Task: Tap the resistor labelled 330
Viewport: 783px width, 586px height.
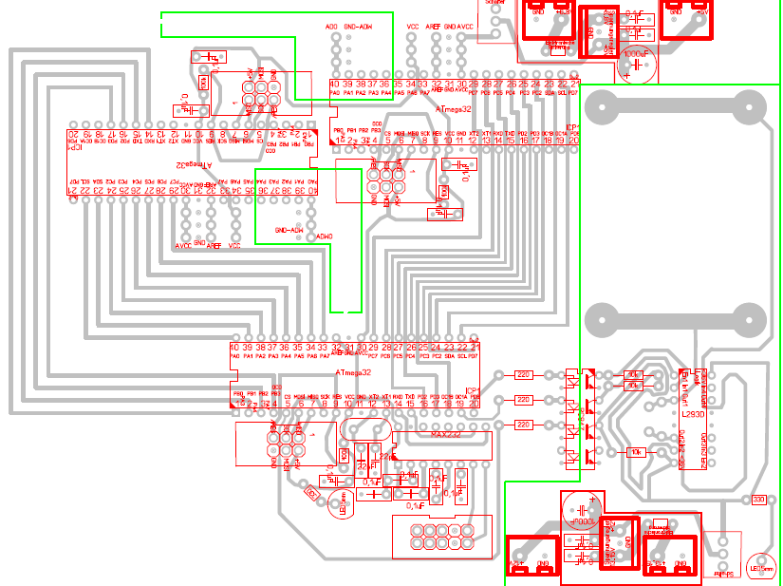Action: pos(757,500)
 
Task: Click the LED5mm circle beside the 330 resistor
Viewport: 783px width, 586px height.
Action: pos(759,567)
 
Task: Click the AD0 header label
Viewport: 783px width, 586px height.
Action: pos(331,27)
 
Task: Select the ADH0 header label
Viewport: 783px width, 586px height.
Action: pos(324,234)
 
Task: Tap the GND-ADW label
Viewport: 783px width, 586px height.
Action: pos(358,27)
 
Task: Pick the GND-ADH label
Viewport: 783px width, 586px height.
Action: pos(289,230)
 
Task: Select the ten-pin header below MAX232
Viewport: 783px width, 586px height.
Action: pos(442,535)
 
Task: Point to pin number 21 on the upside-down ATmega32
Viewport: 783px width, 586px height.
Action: pos(72,192)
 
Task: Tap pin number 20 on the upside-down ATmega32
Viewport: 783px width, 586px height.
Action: pos(72,136)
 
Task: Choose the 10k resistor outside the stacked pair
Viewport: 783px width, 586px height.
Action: pos(635,452)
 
